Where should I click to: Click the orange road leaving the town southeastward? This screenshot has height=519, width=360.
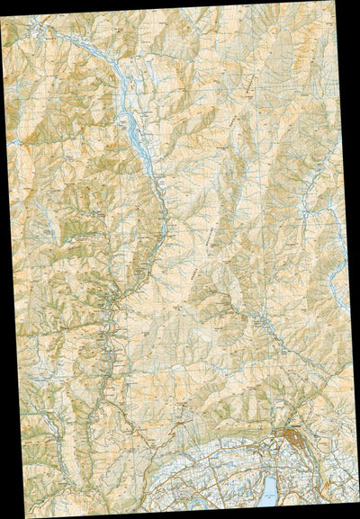click(319, 459)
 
